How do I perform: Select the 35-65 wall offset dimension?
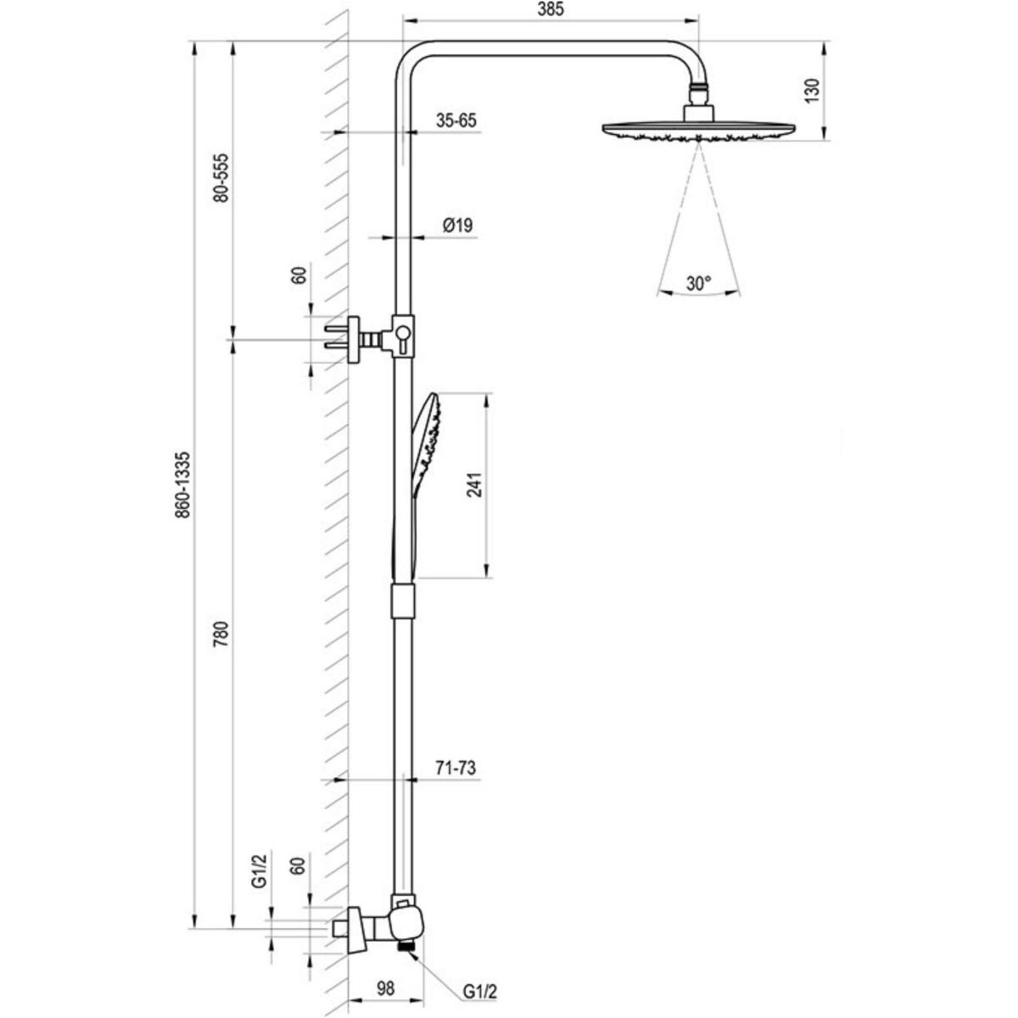[456, 120]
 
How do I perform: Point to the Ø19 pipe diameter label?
[457, 226]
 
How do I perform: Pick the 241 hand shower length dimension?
[475, 486]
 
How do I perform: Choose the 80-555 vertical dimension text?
[221, 177]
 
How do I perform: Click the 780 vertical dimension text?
[221, 635]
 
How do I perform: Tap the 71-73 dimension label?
[456, 768]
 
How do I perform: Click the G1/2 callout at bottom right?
[479, 991]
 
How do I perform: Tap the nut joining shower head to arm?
[698, 88]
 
